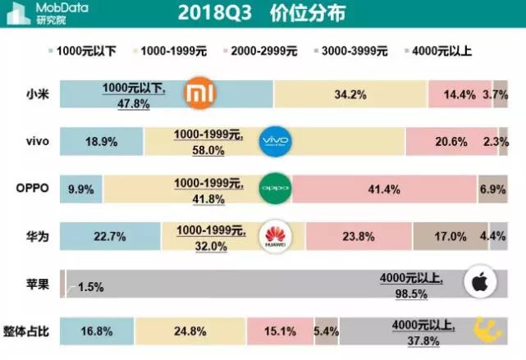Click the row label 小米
tap(37, 94)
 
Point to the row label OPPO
tap(33, 188)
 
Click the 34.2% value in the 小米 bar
tap(350, 94)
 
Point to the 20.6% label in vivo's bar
tap(451, 142)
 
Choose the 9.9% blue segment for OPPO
tap(79, 189)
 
